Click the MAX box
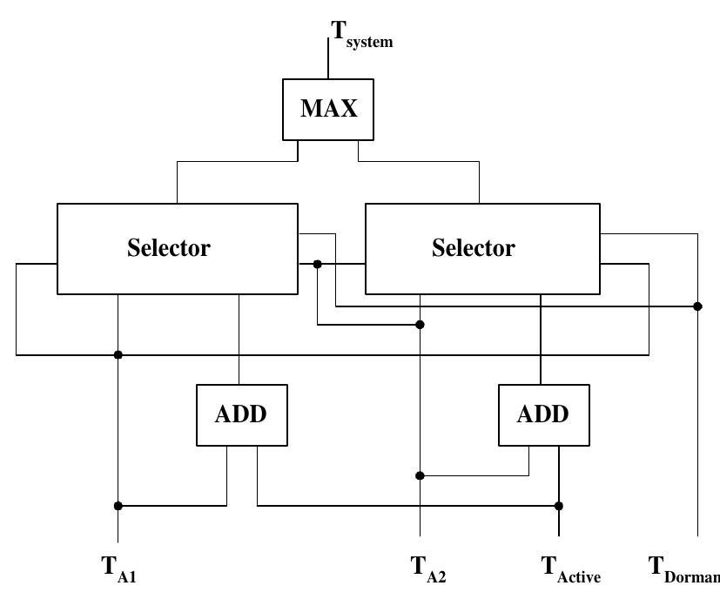pyautogui.click(x=328, y=109)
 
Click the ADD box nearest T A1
pyautogui.click(x=240, y=414)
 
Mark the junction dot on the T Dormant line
pyautogui.click(x=698, y=306)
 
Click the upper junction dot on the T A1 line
pyautogui.click(x=118, y=354)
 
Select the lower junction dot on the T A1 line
pyautogui.click(x=118, y=506)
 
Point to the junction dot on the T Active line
pyautogui.click(x=559, y=506)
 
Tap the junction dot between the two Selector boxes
pyautogui.click(x=318, y=264)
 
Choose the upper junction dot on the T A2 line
pyautogui.click(x=421, y=325)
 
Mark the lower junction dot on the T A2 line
pyautogui.click(x=421, y=475)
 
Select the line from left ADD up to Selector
pyautogui.click(x=239, y=340)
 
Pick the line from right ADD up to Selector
pyautogui.click(x=542, y=340)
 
